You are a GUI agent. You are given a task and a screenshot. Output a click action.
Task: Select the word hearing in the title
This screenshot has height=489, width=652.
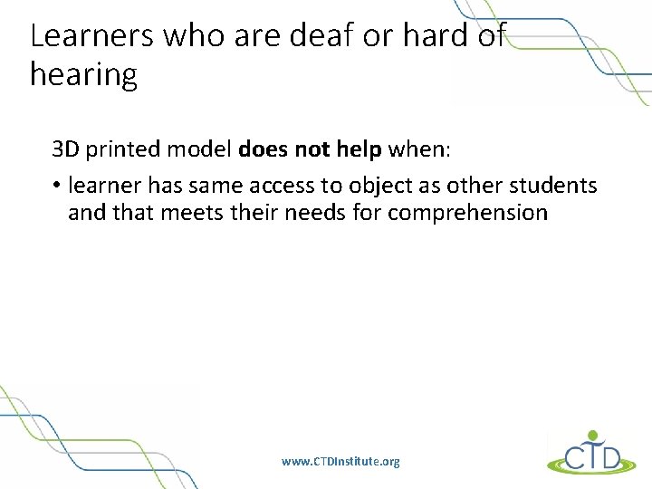[x=83, y=75]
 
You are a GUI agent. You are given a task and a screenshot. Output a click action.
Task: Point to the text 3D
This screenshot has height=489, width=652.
[x=66, y=148]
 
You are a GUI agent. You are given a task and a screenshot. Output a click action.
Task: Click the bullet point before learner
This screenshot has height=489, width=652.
[x=55, y=186]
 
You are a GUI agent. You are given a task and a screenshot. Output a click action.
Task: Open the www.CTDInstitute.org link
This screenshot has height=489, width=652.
[x=340, y=462]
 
